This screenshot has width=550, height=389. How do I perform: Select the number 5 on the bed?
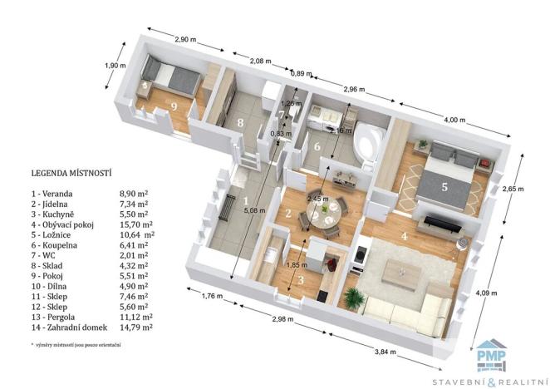[444, 187]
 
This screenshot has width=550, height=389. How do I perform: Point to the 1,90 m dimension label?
[114, 66]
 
